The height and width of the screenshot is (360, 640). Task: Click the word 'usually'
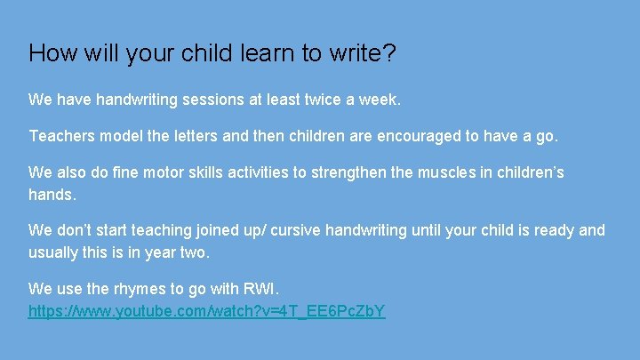pyautogui.click(x=54, y=252)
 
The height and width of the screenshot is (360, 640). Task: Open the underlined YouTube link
pyautogui.click(x=206, y=312)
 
